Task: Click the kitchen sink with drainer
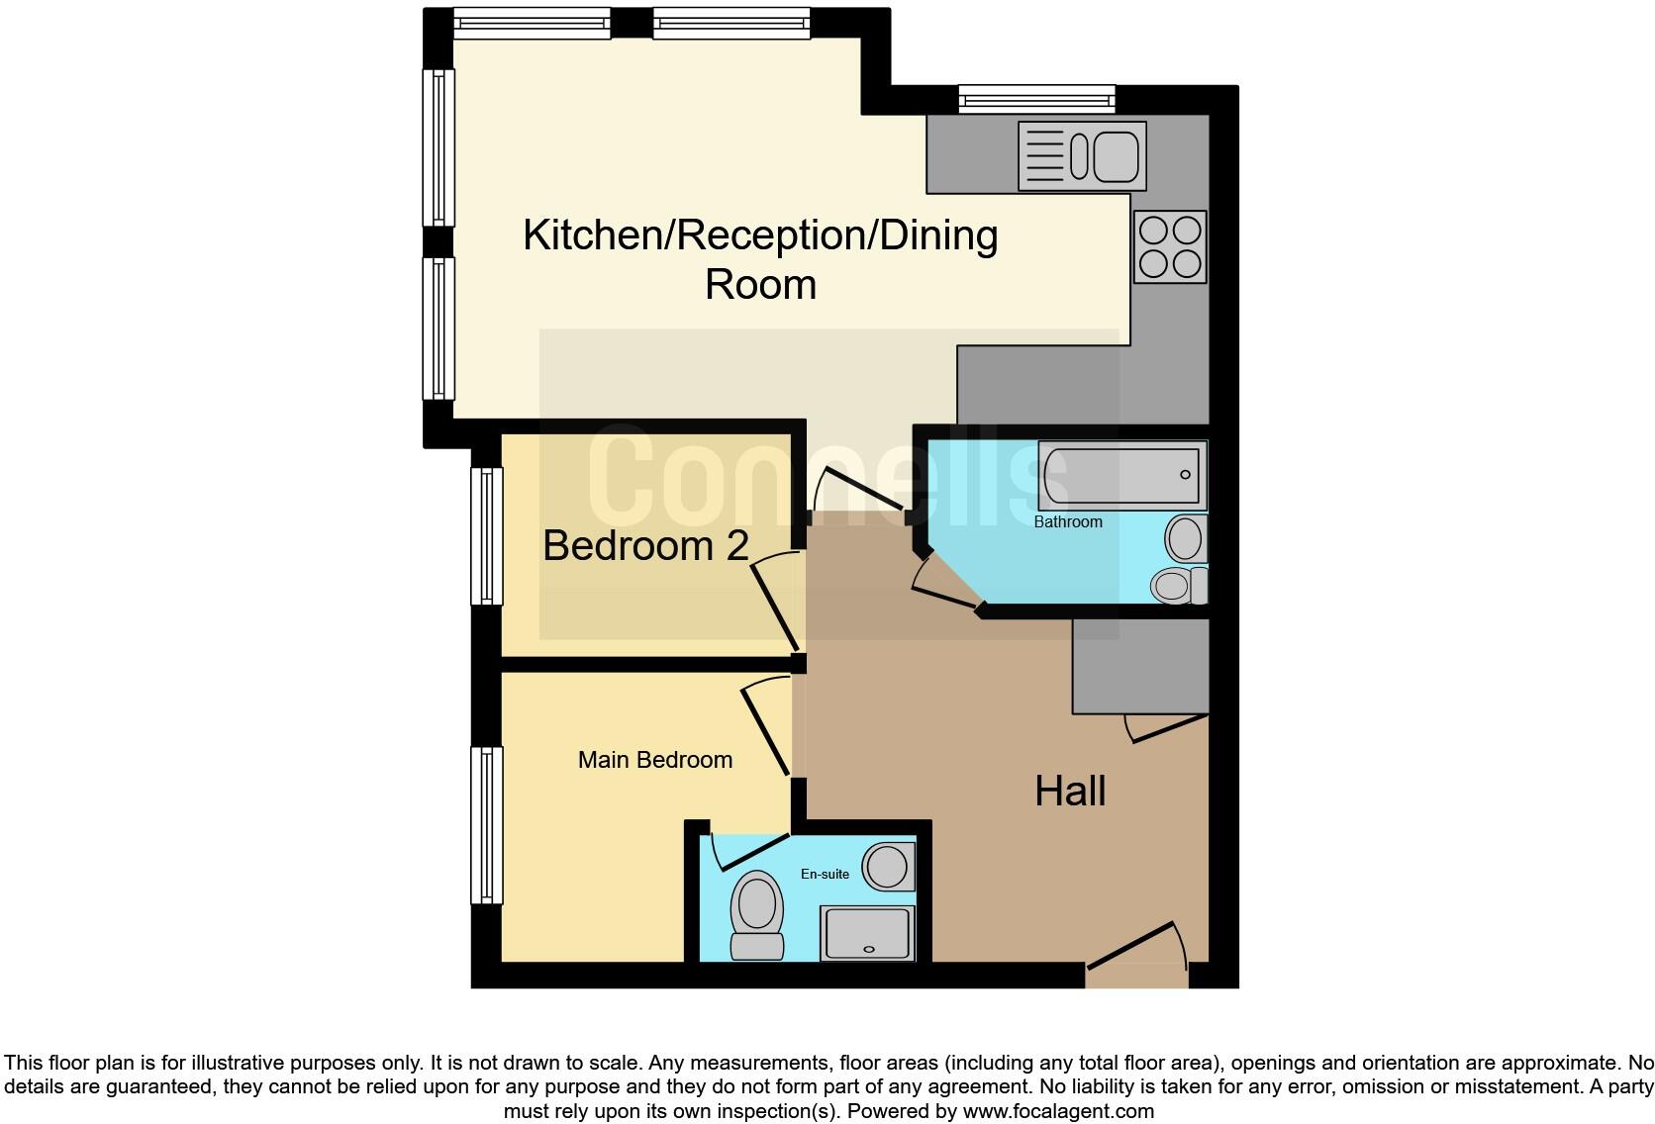click(1082, 156)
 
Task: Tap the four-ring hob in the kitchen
click(1170, 247)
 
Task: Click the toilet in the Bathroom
click(1178, 585)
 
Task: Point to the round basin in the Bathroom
click(1185, 540)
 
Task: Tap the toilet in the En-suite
click(757, 914)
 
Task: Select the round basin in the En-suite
click(888, 867)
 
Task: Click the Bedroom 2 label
click(645, 546)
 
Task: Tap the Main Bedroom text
click(655, 760)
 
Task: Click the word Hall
click(1070, 792)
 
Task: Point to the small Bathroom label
click(1068, 521)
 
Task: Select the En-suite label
click(825, 874)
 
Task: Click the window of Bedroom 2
click(486, 535)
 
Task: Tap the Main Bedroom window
click(486, 825)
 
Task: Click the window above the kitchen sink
click(1036, 99)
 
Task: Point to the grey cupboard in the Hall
click(1140, 665)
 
